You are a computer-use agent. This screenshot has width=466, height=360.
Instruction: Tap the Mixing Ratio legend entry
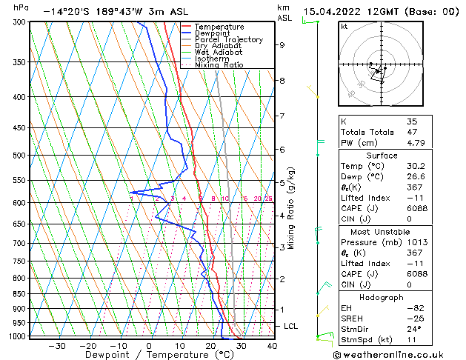[x=219, y=65]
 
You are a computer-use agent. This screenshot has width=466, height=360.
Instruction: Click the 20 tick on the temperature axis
[x=210, y=346]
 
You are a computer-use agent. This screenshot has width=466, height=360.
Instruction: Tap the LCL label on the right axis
[x=291, y=326]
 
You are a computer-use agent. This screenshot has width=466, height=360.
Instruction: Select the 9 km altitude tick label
[x=282, y=45]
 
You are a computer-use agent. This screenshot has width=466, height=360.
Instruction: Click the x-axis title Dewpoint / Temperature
[x=148, y=356]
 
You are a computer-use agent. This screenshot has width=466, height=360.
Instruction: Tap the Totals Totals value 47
[x=411, y=132]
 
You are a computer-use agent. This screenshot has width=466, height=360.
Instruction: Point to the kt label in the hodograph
[x=344, y=27]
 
